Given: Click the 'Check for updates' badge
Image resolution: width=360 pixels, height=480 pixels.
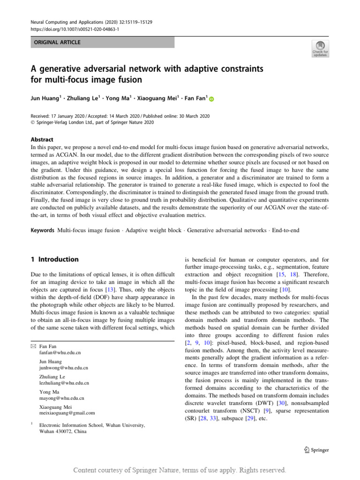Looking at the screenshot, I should point(321,48).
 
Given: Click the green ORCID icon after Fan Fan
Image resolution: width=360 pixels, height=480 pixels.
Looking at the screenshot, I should point(211,99).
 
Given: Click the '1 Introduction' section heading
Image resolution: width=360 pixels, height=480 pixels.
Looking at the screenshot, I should point(55,259).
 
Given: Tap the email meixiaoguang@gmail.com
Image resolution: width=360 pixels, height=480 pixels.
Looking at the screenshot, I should point(67,413).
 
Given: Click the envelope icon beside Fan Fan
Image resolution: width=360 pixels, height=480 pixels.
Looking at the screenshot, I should point(32,345).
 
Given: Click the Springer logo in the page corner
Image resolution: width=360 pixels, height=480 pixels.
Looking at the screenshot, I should point(313,450).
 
